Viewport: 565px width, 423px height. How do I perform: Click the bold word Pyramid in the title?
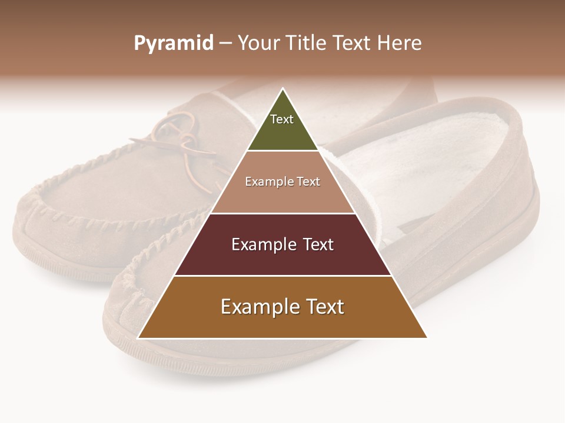coord(173,43)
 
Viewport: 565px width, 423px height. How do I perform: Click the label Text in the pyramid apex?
coord(282,119)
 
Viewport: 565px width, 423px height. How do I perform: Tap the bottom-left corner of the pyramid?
coord(139,337)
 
